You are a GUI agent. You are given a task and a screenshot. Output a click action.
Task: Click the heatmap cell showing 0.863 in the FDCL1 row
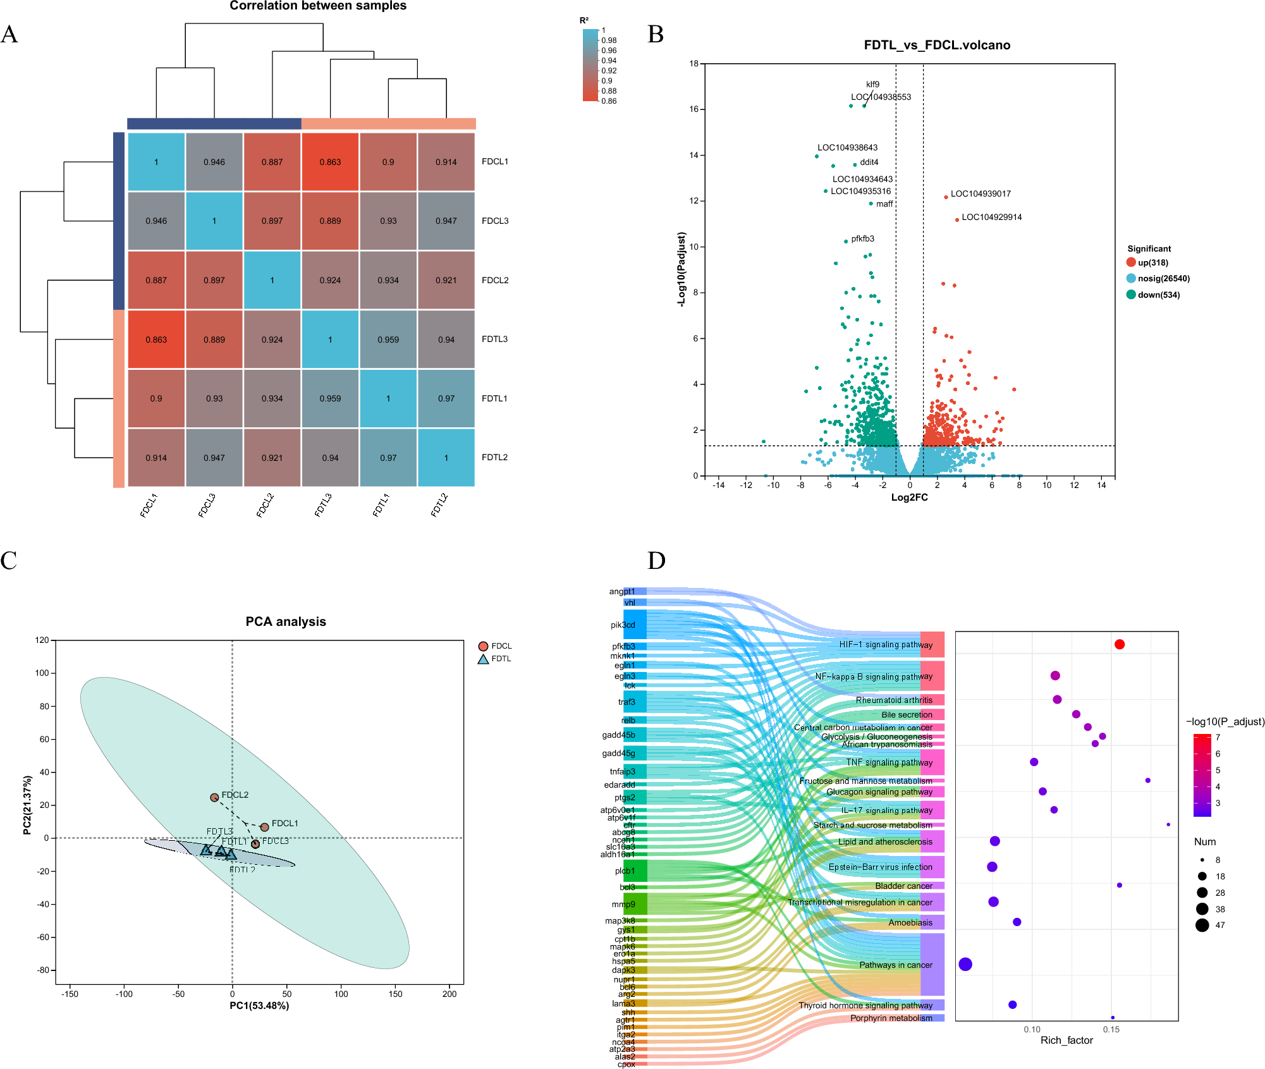click(x=330, y=162)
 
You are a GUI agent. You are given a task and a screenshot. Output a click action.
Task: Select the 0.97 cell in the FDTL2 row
click(x=388, y=458)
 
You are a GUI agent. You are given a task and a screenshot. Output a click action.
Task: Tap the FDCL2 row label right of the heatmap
click(x=495, y=280)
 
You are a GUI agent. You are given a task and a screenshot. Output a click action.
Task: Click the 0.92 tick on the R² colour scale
click(x=608, y=71)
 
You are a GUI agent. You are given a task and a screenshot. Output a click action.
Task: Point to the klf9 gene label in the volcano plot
click(x=872, y=84)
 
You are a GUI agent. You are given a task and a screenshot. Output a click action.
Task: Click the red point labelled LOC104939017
click(x=946, y=197)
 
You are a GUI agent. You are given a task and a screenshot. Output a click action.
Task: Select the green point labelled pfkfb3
click(x=846, y=241)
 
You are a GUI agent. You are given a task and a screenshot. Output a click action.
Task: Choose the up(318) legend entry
click(x=1152, y=262)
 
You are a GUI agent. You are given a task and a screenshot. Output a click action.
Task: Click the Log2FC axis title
click(x=909, y=498)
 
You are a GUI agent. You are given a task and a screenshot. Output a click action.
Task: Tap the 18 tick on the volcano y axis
click(x=694, y=63)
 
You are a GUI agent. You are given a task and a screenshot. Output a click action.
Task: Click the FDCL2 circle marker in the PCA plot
click(x=214, y=798)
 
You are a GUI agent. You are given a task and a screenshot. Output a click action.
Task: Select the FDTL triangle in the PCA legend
click(x=484, y=659)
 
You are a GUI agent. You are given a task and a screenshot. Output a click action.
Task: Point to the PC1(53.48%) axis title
click(x=259, y=1006)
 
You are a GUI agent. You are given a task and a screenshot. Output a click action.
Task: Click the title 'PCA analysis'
click(x=286, y=621)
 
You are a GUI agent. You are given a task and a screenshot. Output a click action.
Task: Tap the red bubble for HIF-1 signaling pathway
click(x=1120, y=644)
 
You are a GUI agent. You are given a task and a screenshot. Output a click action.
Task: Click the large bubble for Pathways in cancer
click(x=965, y=964)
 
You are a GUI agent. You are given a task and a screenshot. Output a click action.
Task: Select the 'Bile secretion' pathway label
click(x=907, y=714)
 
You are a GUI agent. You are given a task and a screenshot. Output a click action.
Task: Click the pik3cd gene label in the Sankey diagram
click(x=623, y=625)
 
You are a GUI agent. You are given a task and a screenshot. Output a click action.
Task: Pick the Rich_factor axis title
click(x=1066, y=1040)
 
